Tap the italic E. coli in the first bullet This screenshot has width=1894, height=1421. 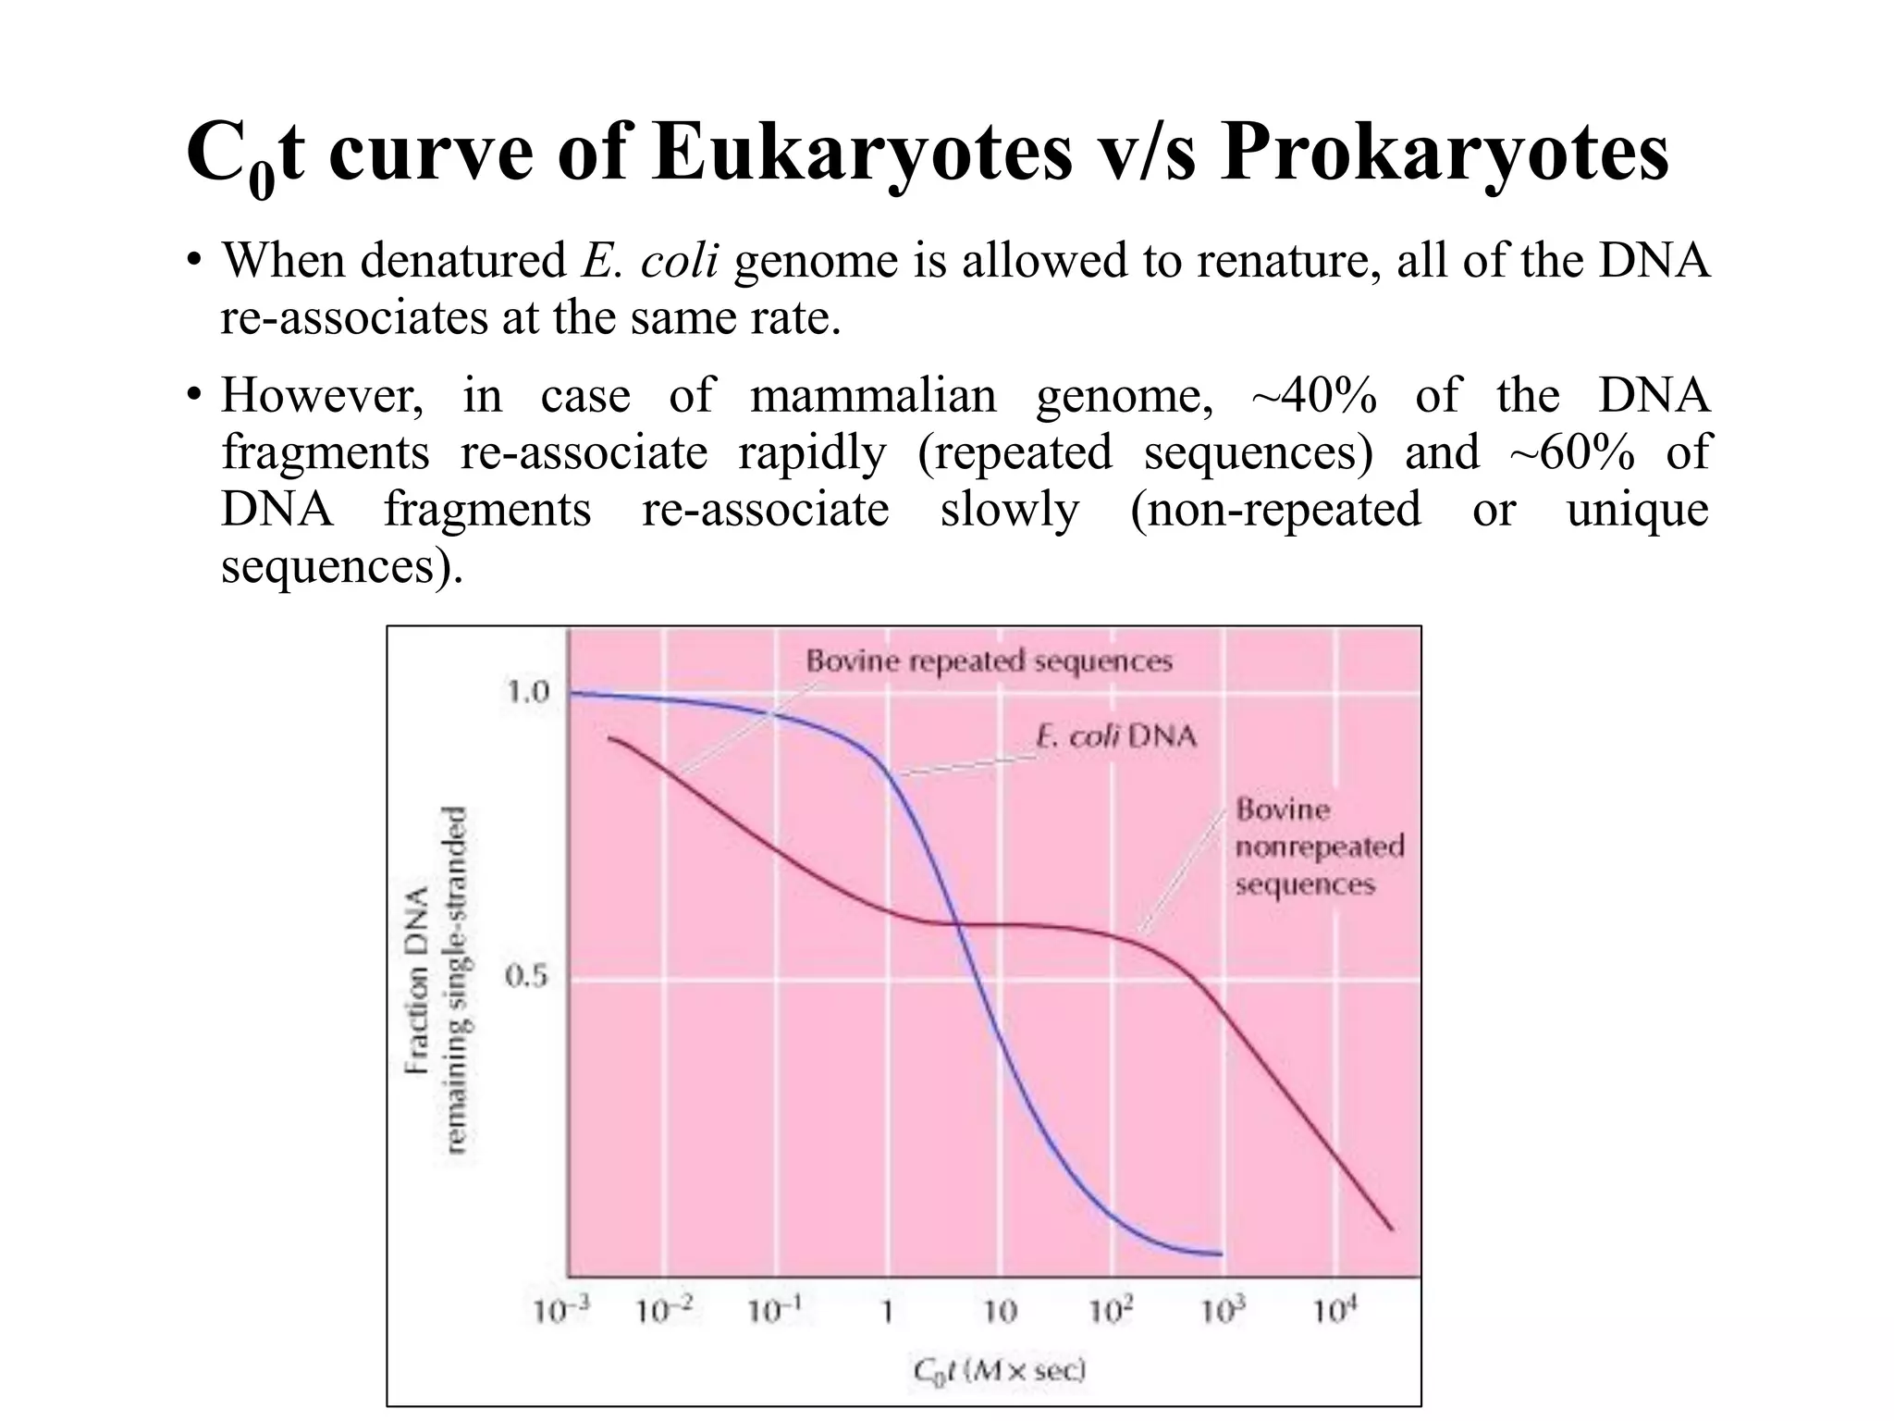click(650, 262)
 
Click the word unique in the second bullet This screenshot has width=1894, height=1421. click(1637, 510)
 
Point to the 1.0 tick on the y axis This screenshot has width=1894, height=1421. click(528, 692)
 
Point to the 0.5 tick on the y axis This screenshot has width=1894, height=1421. click(528, 976)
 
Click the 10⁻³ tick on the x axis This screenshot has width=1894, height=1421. click(560, 1310)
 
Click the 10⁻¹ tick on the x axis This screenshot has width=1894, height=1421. click(774, 1310)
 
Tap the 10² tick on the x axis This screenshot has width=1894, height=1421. click(1110, 1310)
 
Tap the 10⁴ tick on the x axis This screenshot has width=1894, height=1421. click(1335, 1310)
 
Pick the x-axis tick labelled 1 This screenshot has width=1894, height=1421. click(886, 1312)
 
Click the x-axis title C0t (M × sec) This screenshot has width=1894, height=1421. click(999, 1370)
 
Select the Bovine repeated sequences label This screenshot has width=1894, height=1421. click(989, 661)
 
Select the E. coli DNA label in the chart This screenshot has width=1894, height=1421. click(1115, 736)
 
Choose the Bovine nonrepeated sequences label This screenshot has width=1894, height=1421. click(1319, 846)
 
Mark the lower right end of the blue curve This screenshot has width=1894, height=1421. click(1221, 1254)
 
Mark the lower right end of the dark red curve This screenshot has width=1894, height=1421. click(1392, 1229)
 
